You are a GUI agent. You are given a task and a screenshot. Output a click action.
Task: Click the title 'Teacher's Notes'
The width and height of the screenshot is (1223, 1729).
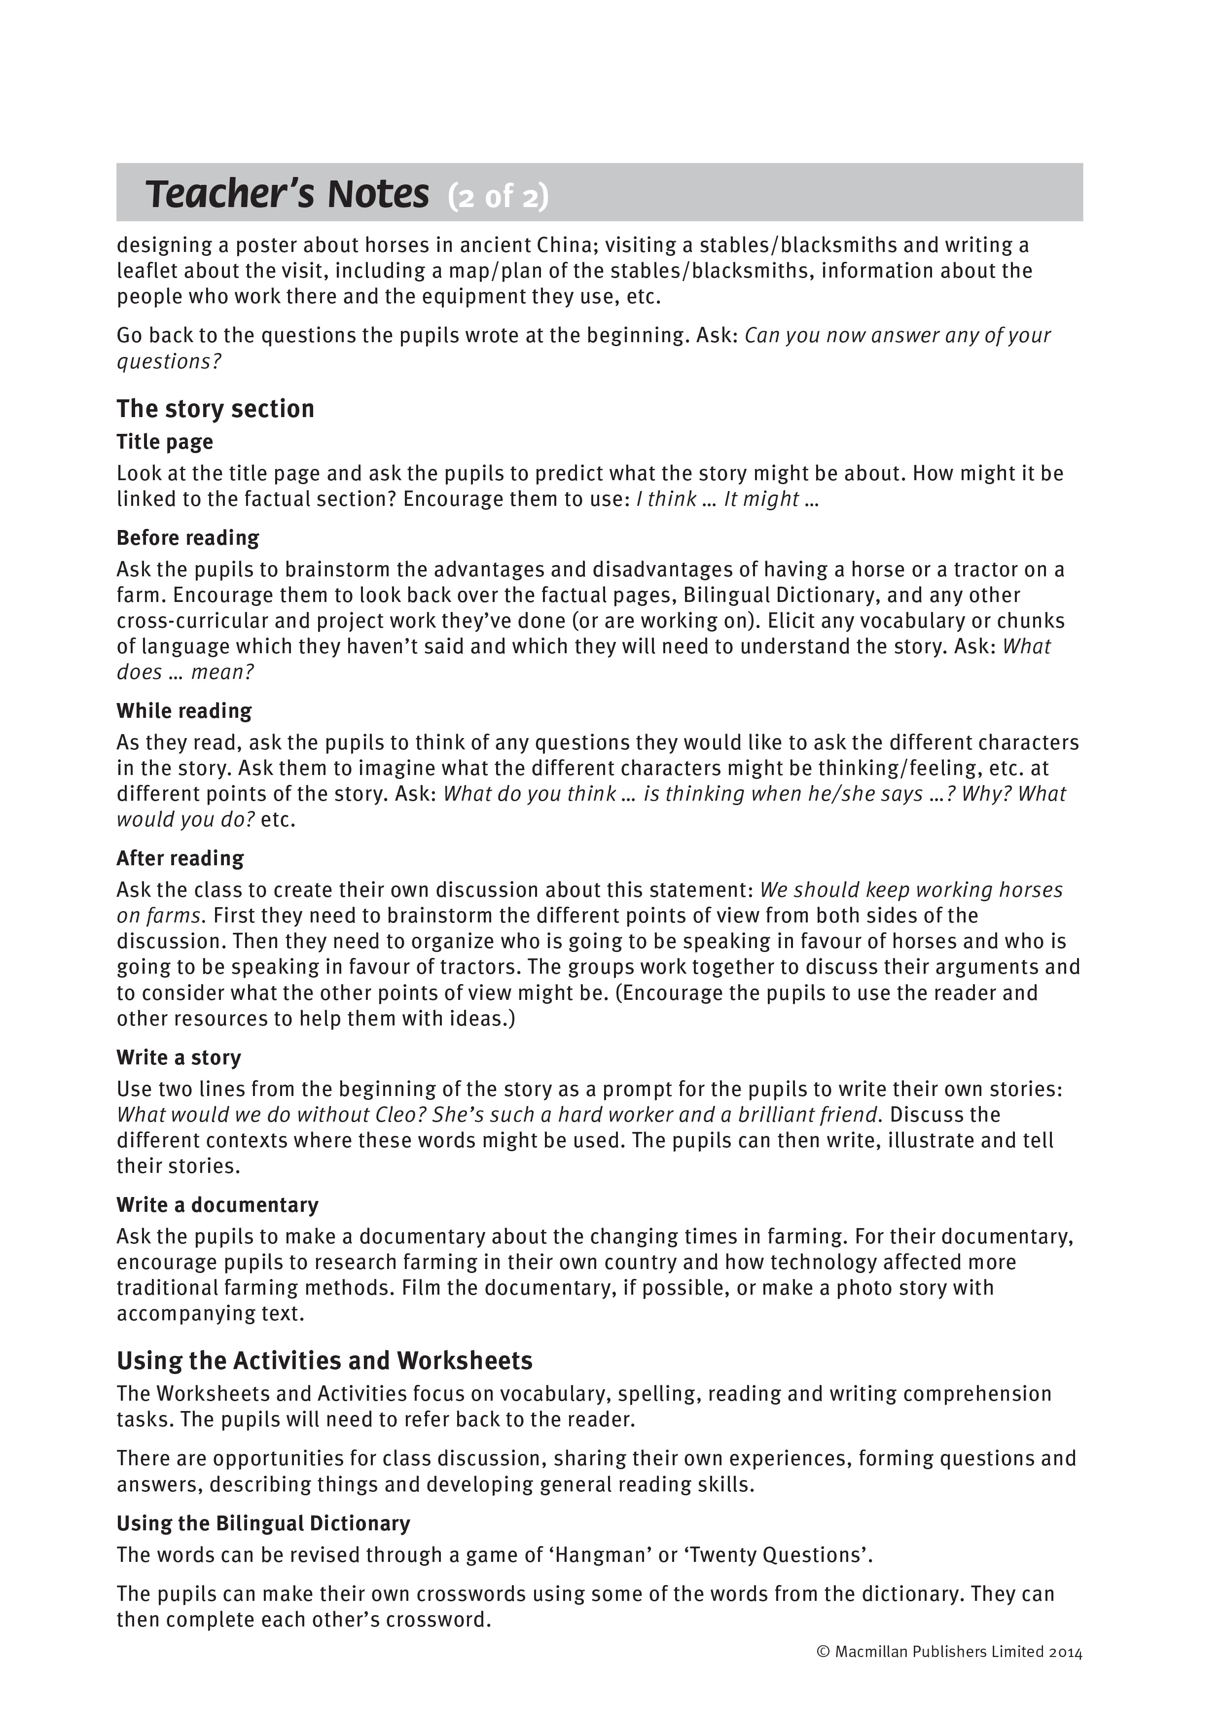coord(287,194)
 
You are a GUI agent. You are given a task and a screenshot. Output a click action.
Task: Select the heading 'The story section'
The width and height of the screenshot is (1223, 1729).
coord(216,409)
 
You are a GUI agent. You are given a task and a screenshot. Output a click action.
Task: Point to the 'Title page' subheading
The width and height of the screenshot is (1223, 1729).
coord(165,442)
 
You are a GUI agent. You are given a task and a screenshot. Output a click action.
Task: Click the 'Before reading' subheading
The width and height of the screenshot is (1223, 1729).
coord(187,538)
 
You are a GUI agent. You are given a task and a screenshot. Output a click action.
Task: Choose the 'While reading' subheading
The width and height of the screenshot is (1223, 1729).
coord(184,711)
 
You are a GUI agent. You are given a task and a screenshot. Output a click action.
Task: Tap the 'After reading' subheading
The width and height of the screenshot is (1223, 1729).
coord(180,858)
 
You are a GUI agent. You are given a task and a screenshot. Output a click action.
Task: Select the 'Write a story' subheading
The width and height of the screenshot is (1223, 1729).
coord(179,1058)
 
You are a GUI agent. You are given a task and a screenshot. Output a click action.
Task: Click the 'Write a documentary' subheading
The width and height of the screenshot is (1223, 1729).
coord(217,1205)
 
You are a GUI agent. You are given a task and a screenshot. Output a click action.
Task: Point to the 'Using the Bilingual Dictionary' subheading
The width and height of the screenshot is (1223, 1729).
coord(263,1523)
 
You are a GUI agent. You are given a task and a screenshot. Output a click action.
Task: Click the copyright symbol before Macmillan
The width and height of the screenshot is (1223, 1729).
coord(823,1652)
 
